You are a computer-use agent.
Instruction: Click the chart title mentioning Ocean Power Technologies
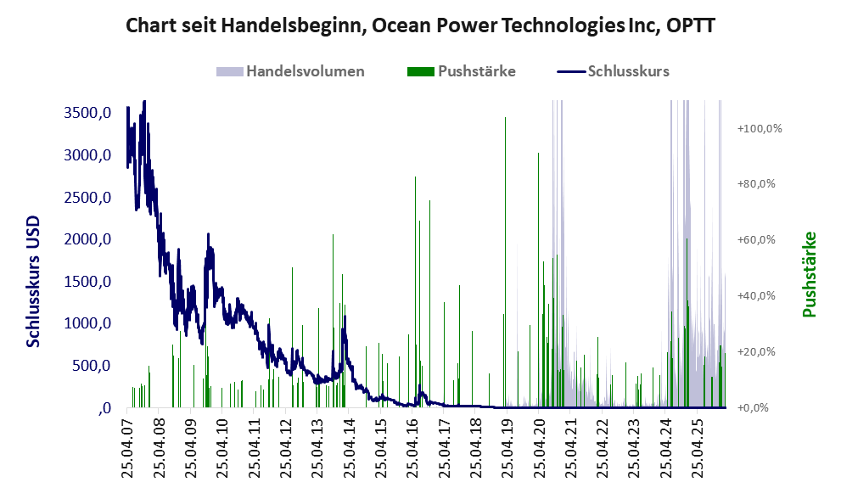point(420,25)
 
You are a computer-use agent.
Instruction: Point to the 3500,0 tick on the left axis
point(87,114)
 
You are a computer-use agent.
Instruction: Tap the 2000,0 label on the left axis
point(87,240)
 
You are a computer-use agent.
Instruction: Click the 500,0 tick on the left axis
point(92,366)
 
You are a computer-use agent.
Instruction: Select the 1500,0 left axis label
point(87,282)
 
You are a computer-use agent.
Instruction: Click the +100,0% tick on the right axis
point(759,128)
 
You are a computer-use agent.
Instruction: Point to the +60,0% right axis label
point(759,240)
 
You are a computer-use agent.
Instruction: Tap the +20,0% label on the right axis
point(759,352)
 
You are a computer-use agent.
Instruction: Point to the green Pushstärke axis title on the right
point(808,274)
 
